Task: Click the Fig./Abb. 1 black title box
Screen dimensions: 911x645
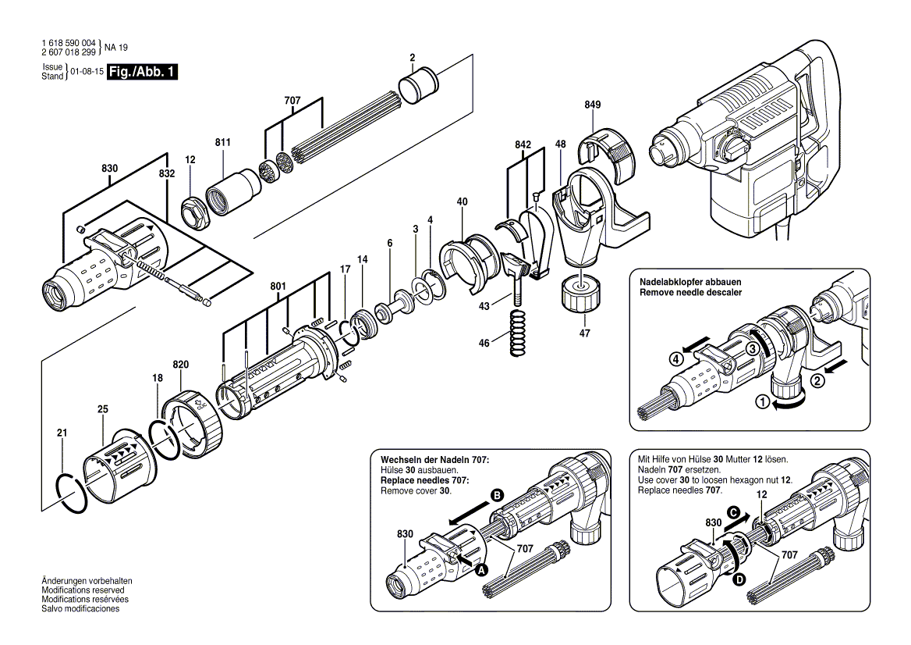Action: (142, 72)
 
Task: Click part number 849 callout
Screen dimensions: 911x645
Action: (593, 105)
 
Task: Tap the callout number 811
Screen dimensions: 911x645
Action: (222, 142)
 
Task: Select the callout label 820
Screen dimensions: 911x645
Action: (181, 365)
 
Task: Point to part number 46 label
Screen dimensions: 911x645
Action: (484, 343)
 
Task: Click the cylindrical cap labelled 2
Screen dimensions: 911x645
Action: (417, 86)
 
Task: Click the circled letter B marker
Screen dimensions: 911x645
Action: (497, 496)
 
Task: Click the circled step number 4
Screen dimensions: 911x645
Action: (675, 359)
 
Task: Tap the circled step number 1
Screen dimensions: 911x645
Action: (761, 401)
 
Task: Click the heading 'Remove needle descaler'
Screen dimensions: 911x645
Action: (690, 293)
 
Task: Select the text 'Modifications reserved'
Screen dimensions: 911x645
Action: (83, 590)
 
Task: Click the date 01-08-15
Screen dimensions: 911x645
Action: (87, 72)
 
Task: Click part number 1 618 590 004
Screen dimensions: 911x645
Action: (69, 43)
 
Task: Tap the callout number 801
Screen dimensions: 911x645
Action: (278, 286)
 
